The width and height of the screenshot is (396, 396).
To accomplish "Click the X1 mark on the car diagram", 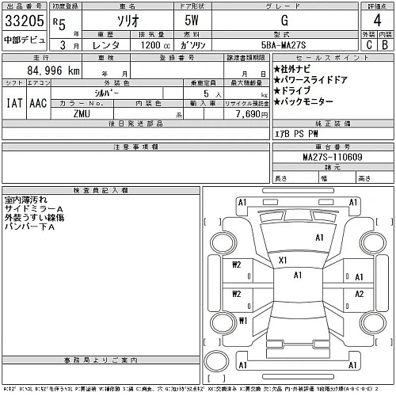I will coord(282,259).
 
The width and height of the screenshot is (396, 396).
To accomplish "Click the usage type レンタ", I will coord(106,47).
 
